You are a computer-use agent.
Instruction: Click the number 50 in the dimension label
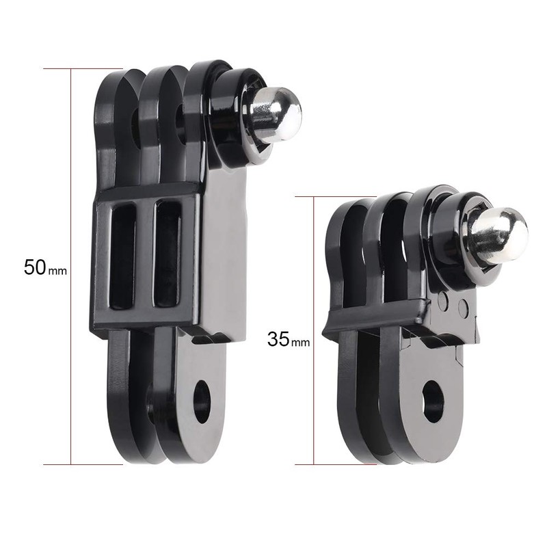click(34, 267)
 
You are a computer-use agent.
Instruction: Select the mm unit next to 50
click(57, 270)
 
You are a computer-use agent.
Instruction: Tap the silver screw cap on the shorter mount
click(501, 237)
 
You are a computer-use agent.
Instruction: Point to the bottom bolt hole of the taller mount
click(202, 401)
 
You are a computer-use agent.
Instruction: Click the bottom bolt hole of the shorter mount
click(433, 401)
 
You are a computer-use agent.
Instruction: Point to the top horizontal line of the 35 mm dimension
click(328, 196)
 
